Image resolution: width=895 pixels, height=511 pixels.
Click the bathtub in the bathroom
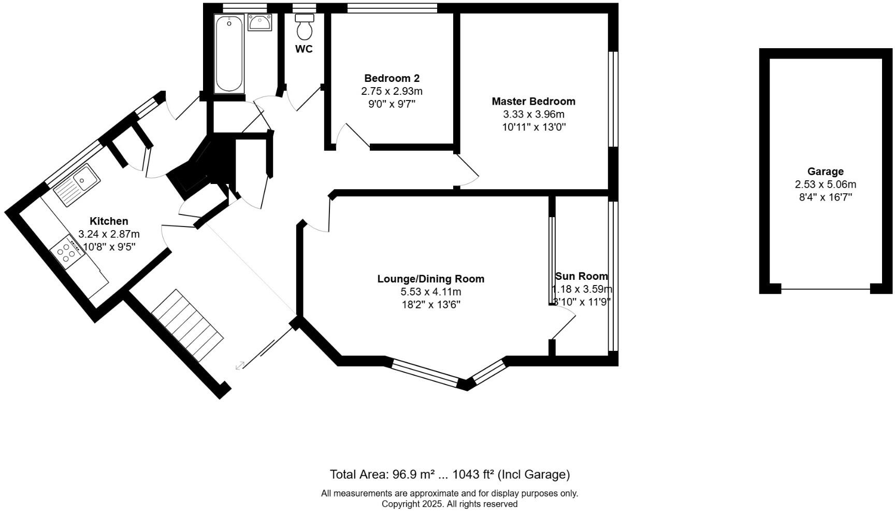click(x=229, y=54)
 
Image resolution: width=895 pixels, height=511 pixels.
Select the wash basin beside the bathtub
click(x=260, y=22)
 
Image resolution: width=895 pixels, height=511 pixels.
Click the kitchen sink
click(x=77, y=183)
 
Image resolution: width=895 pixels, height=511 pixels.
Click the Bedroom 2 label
click(x=392, y=78)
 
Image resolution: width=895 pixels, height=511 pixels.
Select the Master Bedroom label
click(x=533, y=101)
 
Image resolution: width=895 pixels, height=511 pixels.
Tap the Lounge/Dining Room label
click(x=430, y=279)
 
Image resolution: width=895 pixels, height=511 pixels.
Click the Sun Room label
click(x=581, y=276)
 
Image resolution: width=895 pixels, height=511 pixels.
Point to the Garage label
click(x=825, y=172)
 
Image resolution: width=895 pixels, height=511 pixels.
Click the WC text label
click(x=304, y=49)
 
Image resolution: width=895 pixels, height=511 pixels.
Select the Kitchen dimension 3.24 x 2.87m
click(x=109, y=234)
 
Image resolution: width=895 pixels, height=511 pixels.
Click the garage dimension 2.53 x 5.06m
click(x=825, y=184)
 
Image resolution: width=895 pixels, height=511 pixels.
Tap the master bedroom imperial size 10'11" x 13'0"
click(x=533, y=127)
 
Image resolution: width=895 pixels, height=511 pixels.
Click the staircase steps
click(x=187, y=325)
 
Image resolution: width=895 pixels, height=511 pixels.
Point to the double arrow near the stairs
click(x=240, y=366)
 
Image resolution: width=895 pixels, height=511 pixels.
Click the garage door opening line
click(x=825, y=289)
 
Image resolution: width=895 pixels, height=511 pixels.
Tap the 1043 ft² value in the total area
click(x=473, y=474)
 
